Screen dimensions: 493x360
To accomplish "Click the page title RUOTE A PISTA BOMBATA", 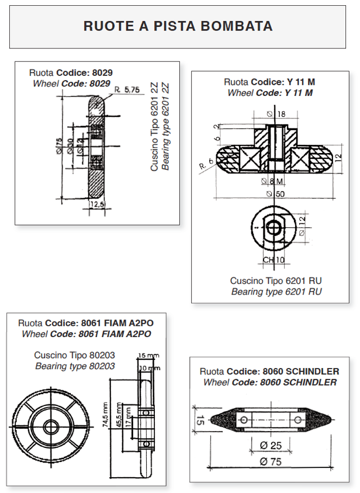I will click(178, 26).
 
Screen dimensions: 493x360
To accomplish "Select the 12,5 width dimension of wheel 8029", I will click(97, 204).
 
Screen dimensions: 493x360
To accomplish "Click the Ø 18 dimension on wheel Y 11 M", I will click(277, 114).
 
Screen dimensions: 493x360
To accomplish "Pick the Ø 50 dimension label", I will click(276, 194).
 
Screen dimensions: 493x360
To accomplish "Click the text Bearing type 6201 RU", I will click(276, 291).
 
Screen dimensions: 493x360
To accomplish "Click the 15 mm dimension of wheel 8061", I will click(148, 355).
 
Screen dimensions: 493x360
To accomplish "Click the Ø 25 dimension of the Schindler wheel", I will click(269, 446).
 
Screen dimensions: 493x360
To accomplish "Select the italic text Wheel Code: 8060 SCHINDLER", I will click(270, 382).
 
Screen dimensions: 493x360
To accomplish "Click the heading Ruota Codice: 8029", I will click(70, 73).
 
